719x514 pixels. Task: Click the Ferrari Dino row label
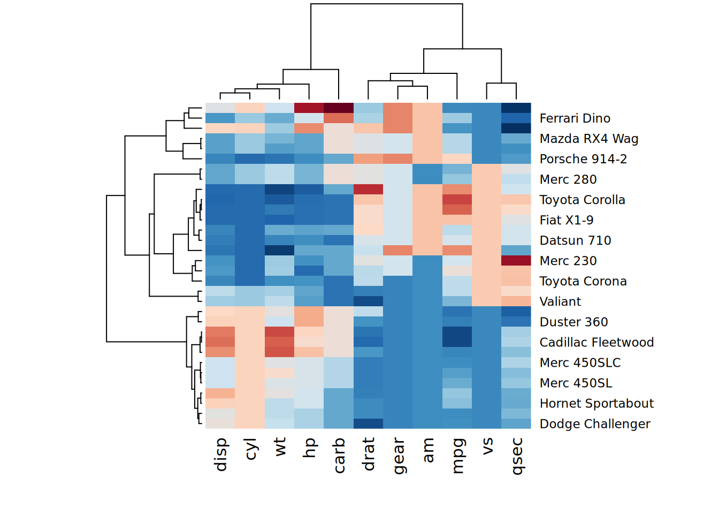click(575, 118)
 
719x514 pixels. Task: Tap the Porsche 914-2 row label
click(583, 159)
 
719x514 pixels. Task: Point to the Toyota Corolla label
click(582, 200)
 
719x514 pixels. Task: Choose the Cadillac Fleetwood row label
click(596, 342)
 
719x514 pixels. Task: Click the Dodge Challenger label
click(595, 424)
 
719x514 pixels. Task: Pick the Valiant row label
click(560, 301)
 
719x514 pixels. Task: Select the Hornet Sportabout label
click(596, 403)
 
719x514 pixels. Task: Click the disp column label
click(220, 455)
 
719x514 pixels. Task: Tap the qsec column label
click(516, 456)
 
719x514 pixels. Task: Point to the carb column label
click(339, 456)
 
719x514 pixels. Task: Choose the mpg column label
click(457, 456)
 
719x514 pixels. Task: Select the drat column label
click(368, 454)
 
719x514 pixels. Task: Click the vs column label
click(487, 447)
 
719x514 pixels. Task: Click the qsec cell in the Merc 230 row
click(516, 261)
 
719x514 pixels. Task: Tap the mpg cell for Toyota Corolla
click(457, 200)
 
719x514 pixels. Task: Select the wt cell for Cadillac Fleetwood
click(279, 342)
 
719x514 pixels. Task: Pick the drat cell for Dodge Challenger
click(368, 424)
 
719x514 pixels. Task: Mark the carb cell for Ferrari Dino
click(339, 118)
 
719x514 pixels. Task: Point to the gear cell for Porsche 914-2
click(397, 159)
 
